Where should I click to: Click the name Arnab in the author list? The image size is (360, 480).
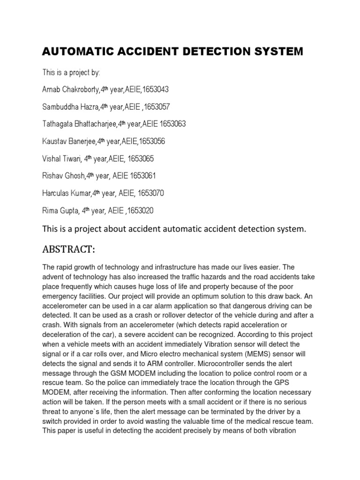coord(52,89)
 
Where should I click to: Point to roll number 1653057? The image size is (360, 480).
coord(157,106)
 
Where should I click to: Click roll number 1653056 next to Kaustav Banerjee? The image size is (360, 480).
coord(150,141)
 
